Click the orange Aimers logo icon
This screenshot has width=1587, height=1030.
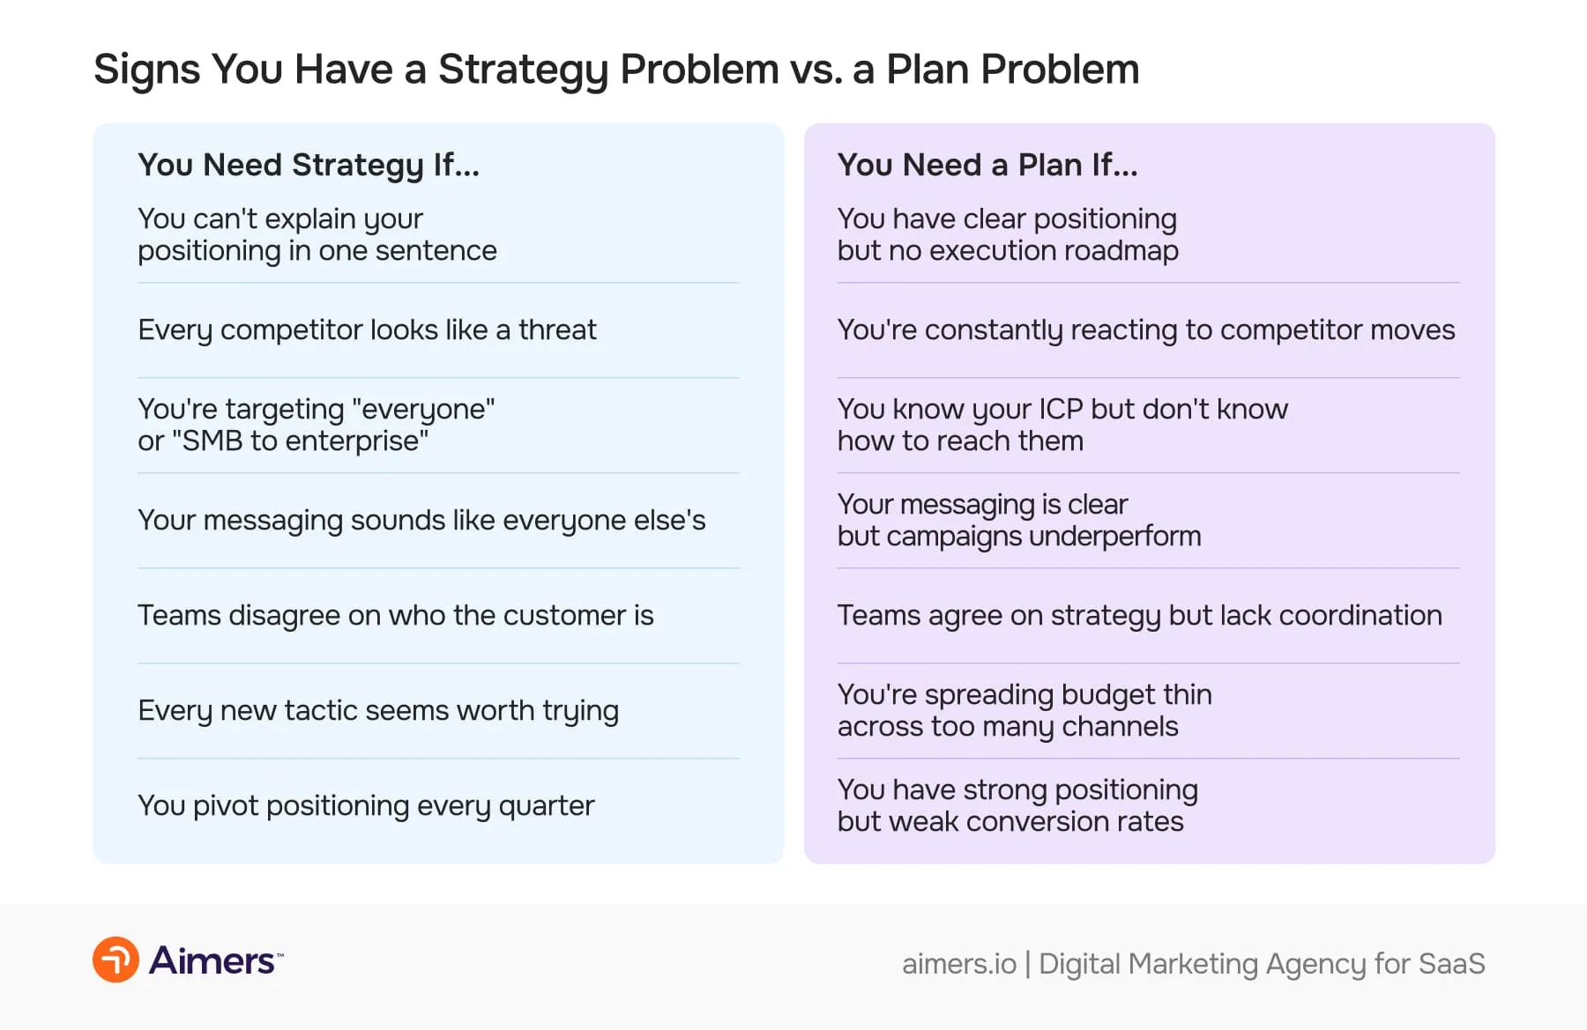pos(115,960)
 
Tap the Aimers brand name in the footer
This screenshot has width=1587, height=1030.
pos(212,960)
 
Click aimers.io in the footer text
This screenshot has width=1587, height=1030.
pos(958,964)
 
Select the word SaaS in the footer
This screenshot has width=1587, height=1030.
pos(1451,964)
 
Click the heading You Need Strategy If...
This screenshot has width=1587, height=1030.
pos(309,165)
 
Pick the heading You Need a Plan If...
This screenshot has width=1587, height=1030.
pos(987,165)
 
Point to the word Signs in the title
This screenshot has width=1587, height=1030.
pos(146,70)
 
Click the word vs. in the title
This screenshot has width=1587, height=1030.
pos(816,70)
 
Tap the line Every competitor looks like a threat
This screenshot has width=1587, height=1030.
pos(367,330)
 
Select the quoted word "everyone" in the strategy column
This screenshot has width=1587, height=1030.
pos(423,409)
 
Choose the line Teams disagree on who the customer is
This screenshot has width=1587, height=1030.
pos(395,615)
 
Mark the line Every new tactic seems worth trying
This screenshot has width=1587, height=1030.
pos(378,710)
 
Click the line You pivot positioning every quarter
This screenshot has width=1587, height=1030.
pos(366,805)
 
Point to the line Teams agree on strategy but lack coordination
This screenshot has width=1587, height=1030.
pos(1139,615)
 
